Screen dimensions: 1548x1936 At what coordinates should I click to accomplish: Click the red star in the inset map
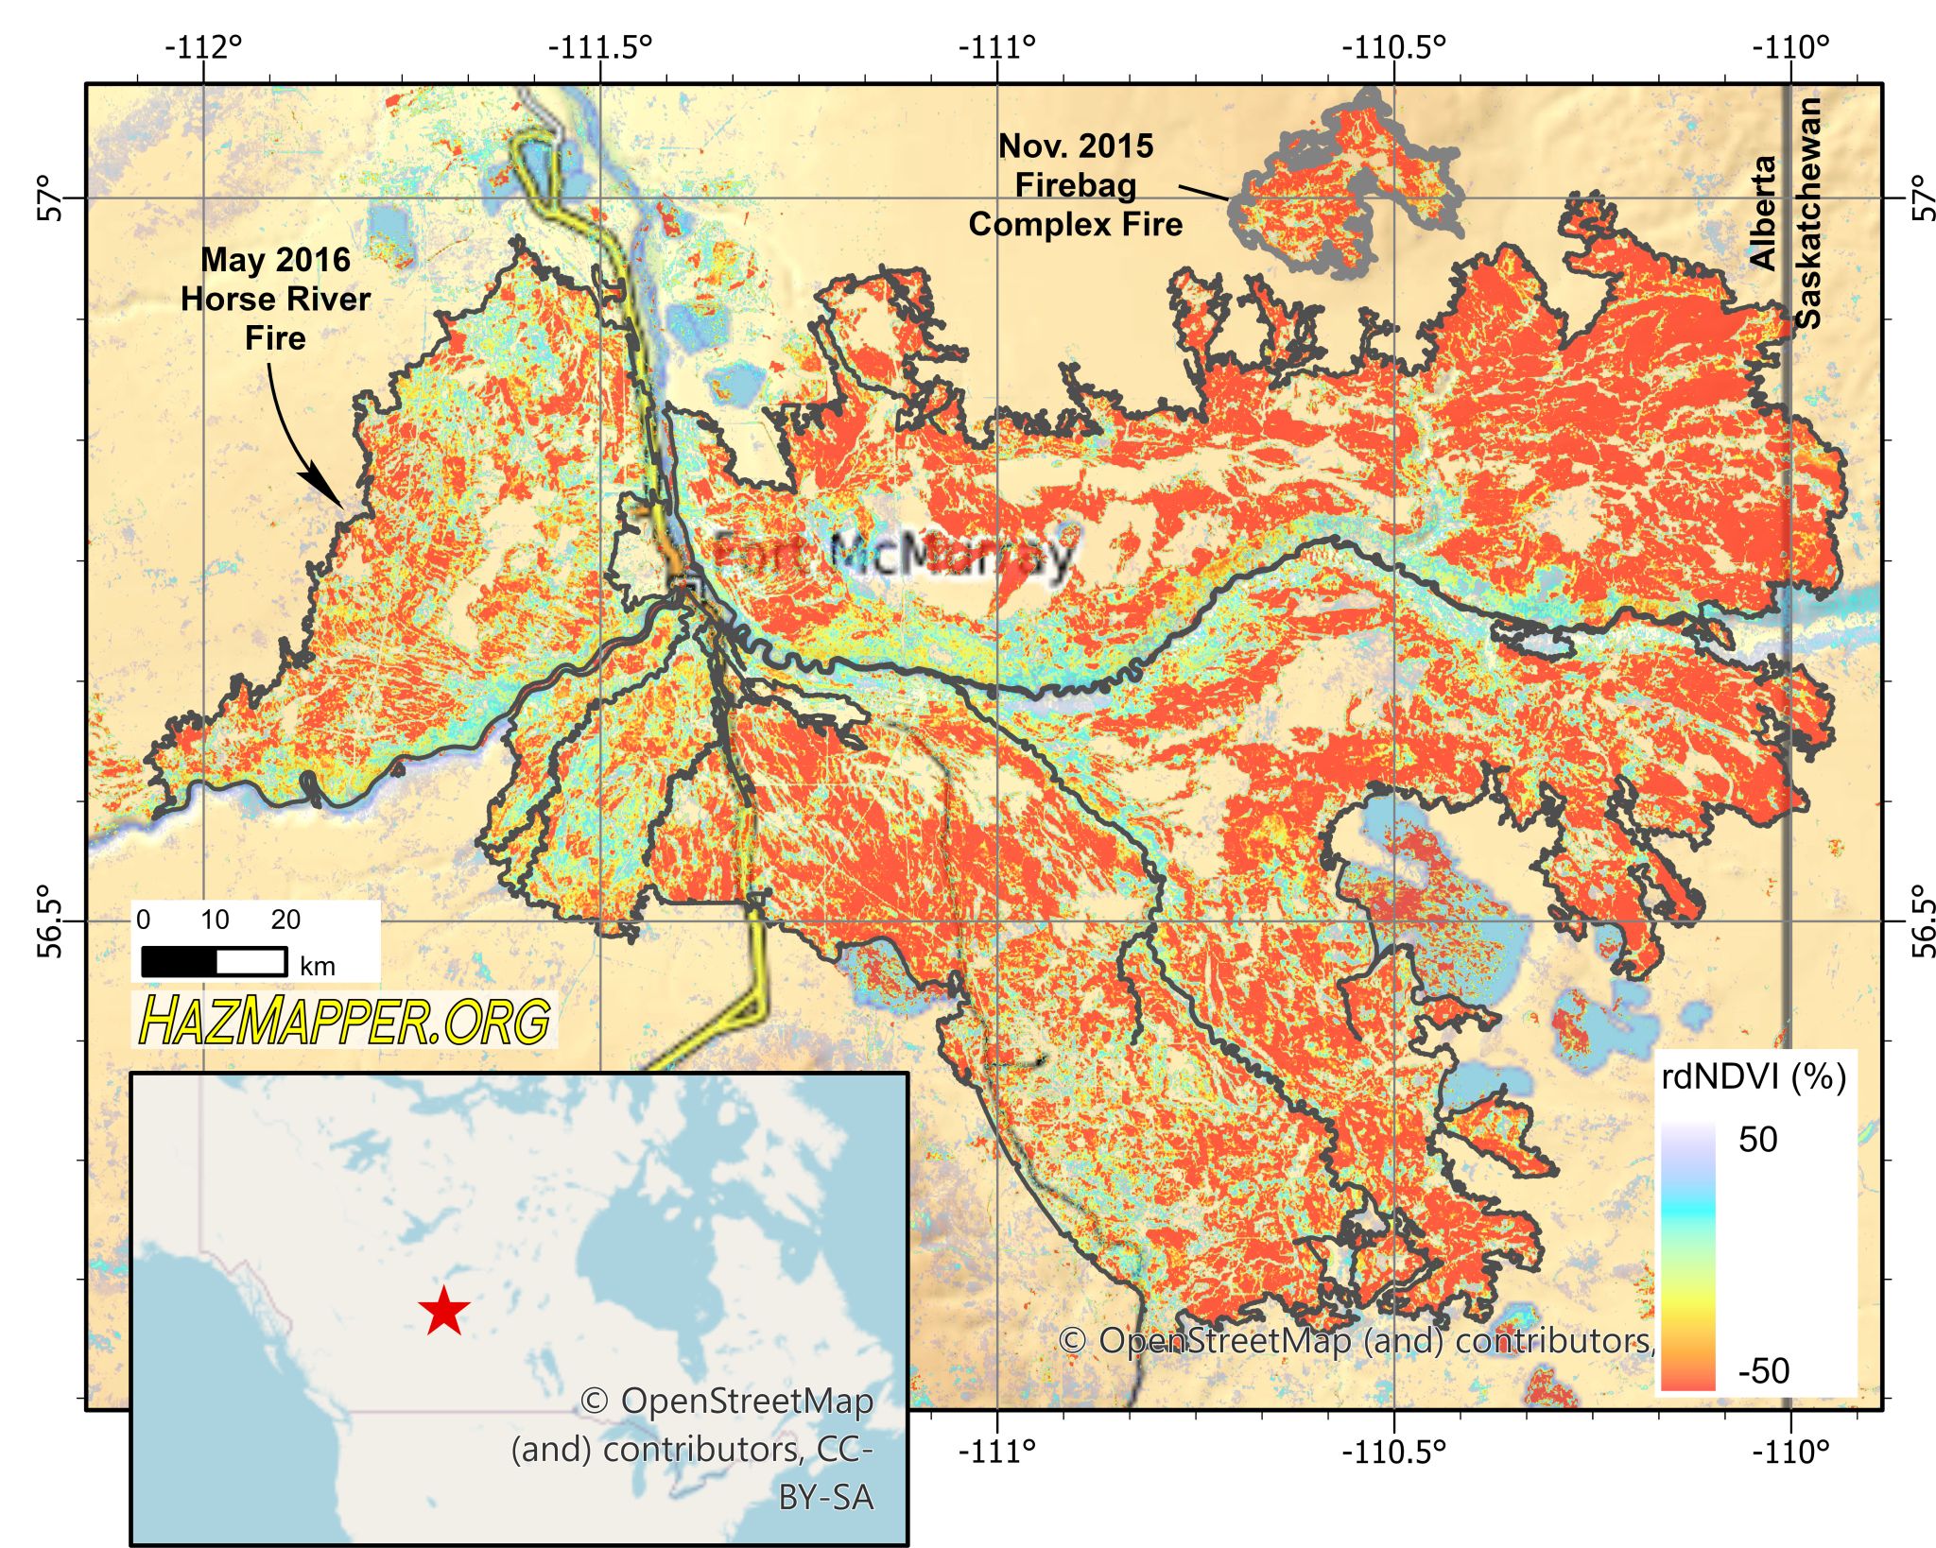pyautogui.click(x=443, y=1312)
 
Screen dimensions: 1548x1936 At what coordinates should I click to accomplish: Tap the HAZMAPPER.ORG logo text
pyautogui.click(x=345, y=1021)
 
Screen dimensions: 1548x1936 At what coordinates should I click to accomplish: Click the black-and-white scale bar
pyautogui.click(x=215, y=962)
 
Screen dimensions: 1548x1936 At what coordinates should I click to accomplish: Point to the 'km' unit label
pyautogui.click(x=317, y=966)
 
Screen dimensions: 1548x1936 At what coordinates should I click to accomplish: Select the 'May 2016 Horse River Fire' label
pyautogui.click(x=275, y=299)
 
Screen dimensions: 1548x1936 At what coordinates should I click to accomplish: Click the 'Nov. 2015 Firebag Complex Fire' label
pyautogui.click(x=1076, y=185)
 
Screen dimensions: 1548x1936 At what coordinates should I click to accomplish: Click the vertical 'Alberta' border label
pyautogui.click(x=1763, y=213)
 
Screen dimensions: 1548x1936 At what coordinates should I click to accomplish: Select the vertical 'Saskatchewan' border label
pyautogui.click(x=1807, y=213)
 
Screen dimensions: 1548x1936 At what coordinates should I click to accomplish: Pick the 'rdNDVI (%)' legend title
pyautogui.click(x=1754, y=1076)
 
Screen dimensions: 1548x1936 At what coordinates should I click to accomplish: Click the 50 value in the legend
pyautogui.click(x=1757, y=1140)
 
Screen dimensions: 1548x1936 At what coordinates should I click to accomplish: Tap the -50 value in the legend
pyautogui.click(x=1763, y=1370)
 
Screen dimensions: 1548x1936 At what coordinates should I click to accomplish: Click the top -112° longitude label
pyautogui.click(x=203, y=46)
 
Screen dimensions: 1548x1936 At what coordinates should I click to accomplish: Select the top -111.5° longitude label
pyautogui.click(x=601, y=46)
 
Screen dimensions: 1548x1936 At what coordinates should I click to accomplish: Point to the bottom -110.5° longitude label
pyautogui.click(x=1393, y=1451)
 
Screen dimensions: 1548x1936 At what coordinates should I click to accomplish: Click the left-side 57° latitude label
pyautogui.click(x=51, y=198)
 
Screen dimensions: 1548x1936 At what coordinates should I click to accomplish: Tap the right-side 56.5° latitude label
pyautogui.click(x=1923, y=920)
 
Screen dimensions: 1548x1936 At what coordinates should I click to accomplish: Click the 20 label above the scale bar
pyautogui.click(x=285, y=920)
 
